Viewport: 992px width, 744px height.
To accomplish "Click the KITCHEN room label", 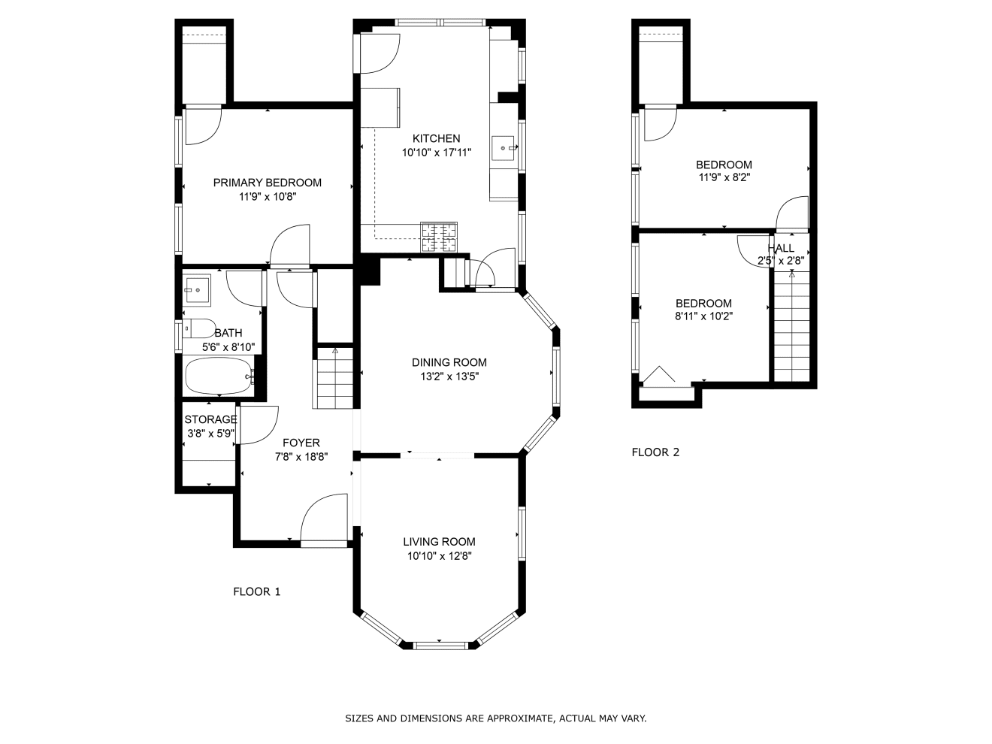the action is pos(436,138).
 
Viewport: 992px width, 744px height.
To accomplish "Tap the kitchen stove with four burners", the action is pos(439,237).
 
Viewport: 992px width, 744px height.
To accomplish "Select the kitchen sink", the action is pos(504,148).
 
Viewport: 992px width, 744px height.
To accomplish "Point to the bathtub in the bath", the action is pos(219,376).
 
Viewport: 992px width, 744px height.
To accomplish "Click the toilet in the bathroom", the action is pos(199,328).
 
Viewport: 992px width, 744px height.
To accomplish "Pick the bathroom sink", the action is pos(197,289).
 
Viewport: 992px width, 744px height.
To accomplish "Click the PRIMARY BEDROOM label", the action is pos(267,183).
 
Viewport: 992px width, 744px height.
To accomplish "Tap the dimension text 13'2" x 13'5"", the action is pos(449,377).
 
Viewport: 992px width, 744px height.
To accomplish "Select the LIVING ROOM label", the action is pos(439,541).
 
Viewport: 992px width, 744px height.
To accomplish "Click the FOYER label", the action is pos(301,442).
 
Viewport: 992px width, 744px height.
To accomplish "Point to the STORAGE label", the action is pos(210,419).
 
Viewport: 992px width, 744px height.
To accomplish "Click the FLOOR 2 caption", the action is pos(655,452).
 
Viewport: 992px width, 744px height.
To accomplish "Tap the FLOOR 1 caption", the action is pos(257,591).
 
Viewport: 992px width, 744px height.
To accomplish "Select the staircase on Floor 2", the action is pos(791,326).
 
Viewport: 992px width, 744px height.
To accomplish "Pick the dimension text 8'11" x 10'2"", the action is pos(703,316).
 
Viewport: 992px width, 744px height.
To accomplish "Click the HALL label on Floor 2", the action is pos(781,248).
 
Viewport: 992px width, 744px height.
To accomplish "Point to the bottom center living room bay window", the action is pos(440,646).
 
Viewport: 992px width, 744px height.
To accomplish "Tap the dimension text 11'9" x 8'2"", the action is pos(724,177).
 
